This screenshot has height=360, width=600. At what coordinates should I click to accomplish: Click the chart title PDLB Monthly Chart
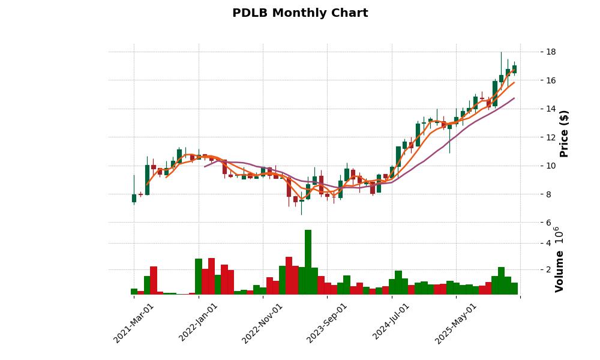300,13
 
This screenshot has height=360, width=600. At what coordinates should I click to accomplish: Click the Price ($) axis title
564,133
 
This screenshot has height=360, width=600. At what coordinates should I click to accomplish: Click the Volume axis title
560,271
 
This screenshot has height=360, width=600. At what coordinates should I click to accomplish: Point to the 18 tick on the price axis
533,52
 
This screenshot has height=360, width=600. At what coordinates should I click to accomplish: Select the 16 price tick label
533,80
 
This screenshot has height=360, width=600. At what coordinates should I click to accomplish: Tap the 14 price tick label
533,109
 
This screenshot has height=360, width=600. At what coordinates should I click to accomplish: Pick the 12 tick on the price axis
533,137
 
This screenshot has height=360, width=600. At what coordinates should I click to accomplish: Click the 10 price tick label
533,166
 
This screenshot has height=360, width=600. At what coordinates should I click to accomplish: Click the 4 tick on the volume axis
531,243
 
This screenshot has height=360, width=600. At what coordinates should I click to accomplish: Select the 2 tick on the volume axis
531,269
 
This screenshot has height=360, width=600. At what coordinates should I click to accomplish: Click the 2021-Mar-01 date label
134,323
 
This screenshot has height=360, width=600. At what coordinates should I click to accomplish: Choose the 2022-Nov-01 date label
263,323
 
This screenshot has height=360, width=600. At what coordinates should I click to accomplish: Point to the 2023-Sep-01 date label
328,323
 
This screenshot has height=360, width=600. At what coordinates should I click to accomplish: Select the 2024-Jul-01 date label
392,323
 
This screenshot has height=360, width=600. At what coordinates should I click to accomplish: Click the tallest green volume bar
308,262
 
